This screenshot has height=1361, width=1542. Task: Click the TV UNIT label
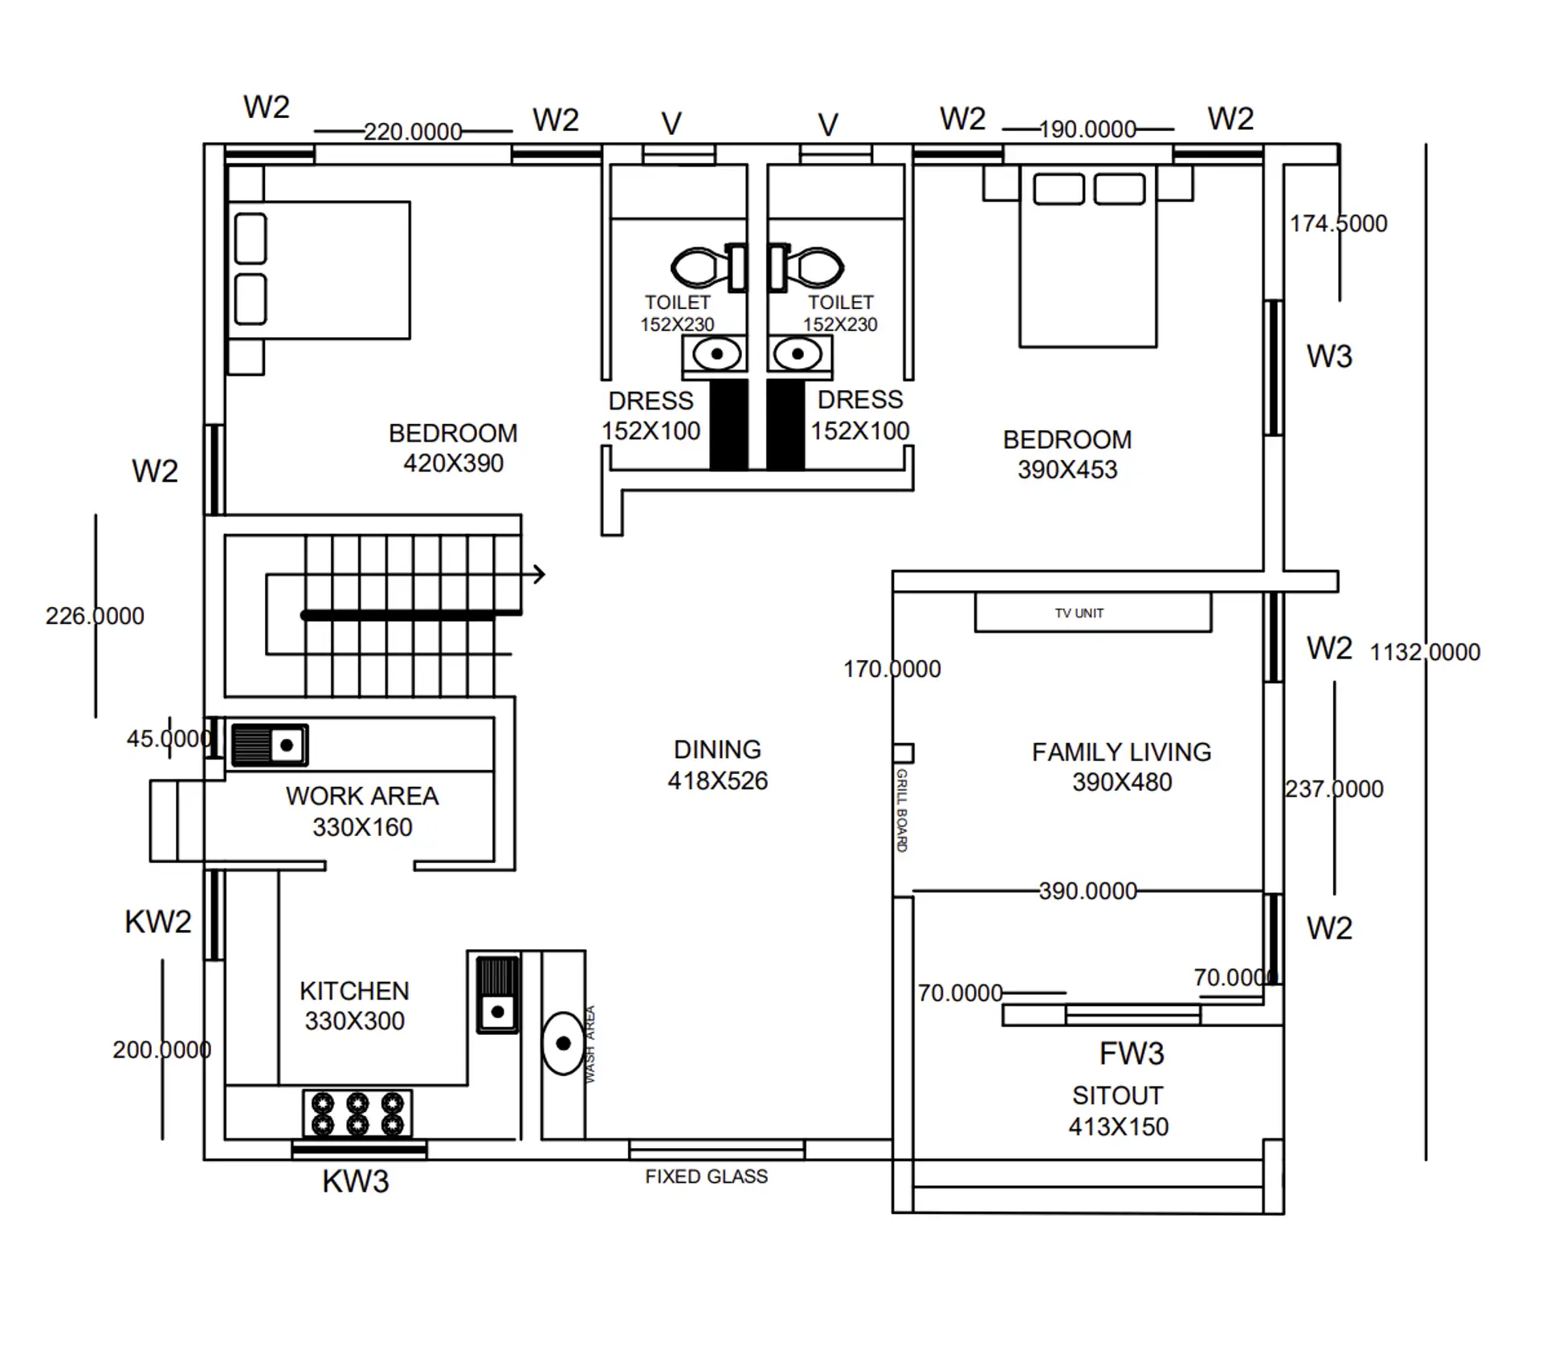click(x=1079, y=613)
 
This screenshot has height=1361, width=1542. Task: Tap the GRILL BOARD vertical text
click(x=902, y=809)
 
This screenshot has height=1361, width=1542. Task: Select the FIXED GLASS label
click(x=706, y=1176)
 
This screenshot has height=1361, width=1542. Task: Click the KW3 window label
click(x=355, y=1181)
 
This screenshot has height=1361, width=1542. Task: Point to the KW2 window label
click(x=158, y=922)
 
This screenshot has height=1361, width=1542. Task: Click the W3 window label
click(x=1329, y=356)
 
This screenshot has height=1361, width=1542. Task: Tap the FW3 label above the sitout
click(x=1131, y=1053)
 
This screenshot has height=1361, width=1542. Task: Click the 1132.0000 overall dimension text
click(x=1424, y=652)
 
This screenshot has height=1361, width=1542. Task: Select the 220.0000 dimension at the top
click(x=413, y=131)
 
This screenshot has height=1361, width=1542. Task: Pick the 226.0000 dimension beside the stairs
click(x=95, y=616)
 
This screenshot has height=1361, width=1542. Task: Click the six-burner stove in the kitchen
click(x=357, y=1114)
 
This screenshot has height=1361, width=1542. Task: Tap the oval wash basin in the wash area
click(x=563, y=1044)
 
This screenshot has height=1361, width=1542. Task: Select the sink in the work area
click(x=270, y=745)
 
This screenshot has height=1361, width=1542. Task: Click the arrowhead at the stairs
click(x=539, y=574)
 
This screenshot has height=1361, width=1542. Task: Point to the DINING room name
click(x=717, y=749)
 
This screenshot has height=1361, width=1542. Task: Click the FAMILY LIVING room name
click(x=1121, y=752)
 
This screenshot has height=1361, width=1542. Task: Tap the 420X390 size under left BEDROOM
click(x=453, y=463)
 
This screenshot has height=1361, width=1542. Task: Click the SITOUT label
click(x=1117, y=1095)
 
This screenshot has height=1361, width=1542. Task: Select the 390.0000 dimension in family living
click(x=1087, y=890)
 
